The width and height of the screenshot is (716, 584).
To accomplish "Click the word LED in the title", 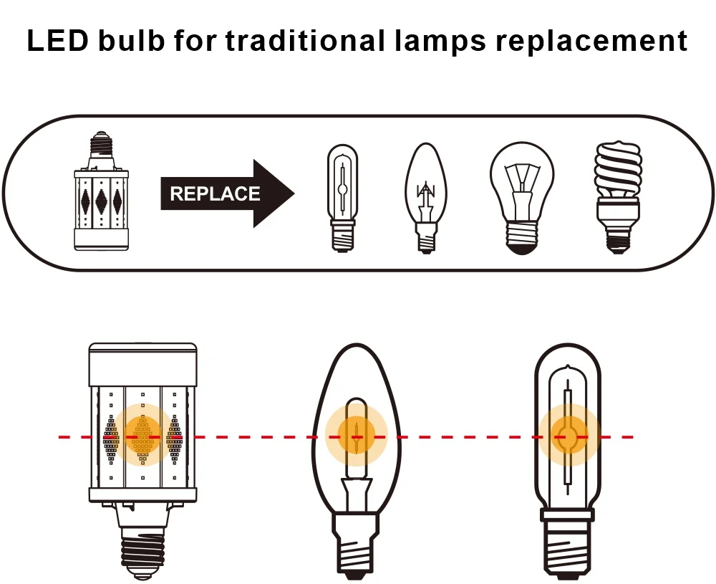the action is click(x=57, y=41).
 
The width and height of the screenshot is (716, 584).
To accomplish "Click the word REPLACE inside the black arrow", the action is click(x=214, y=194).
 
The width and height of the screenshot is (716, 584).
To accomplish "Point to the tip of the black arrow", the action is click(x=293, y=193).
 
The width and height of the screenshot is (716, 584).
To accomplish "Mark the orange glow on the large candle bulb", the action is click(x=356, y=434).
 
